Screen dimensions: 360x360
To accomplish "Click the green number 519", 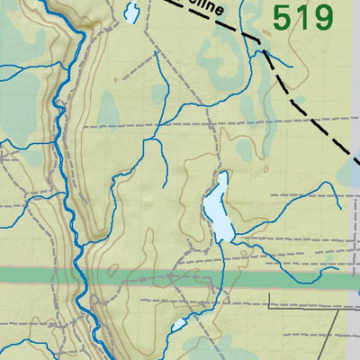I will [x=302, y=17].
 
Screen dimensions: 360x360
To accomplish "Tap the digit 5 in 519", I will [x=283, y=17].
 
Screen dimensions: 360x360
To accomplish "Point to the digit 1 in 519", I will [x=302, y=17].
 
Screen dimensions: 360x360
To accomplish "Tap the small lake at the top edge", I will [x=131, y=13].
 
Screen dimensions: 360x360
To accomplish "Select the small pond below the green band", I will [x=179, y=324].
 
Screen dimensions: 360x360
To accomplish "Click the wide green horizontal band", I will [x=225, y=280].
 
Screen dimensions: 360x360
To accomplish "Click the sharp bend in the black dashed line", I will [x=261, y=40].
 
